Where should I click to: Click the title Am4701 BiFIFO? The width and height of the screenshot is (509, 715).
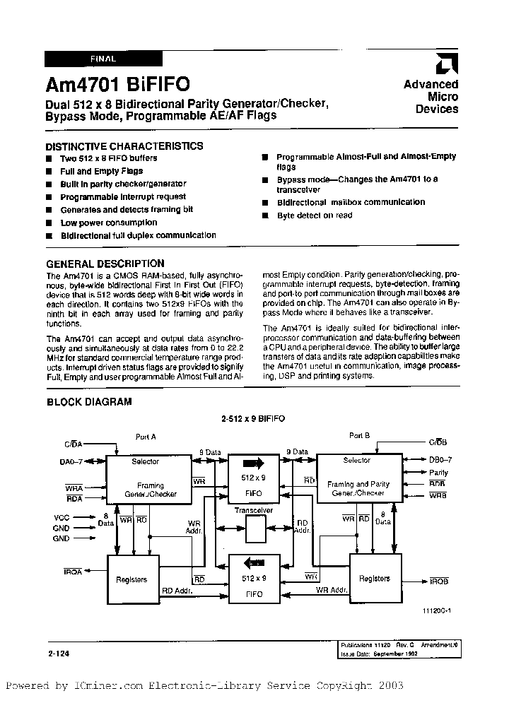click(x=117, y=85)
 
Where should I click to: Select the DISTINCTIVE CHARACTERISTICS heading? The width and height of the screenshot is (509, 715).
click(x=124, y=146)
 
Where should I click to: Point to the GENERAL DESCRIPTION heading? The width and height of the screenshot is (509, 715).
click(x=105, y=264)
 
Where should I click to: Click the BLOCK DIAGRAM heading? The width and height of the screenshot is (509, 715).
click(x=89, y=402)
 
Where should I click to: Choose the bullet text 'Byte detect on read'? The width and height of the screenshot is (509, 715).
click(x=314, y=215)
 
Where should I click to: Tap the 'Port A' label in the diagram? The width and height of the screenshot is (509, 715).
click(x=146, y=437)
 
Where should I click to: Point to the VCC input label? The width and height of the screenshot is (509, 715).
click(x=62, y=516)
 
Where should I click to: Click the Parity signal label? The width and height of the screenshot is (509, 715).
click(x=438, y=473)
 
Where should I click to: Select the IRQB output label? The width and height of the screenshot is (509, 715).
click(x=438, y=581)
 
